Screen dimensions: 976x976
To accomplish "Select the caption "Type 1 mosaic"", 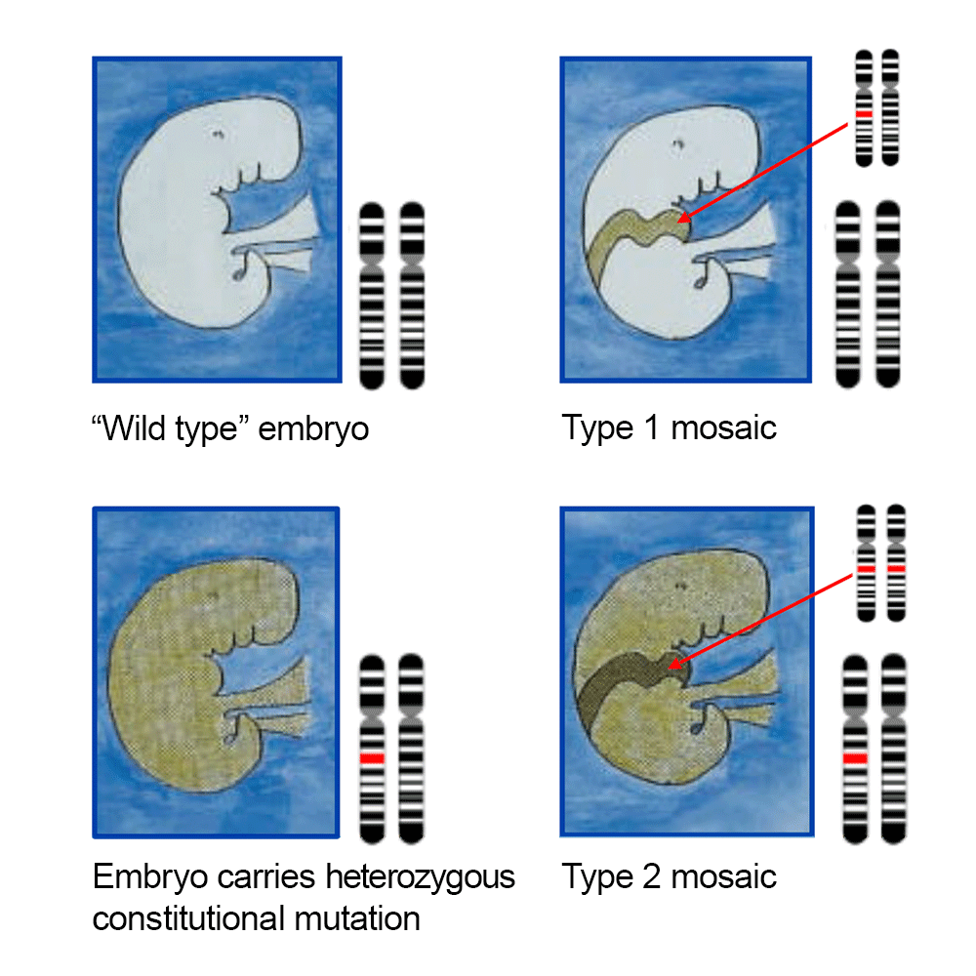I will coord(669,427).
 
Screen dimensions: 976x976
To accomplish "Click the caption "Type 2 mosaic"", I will coord(669,875).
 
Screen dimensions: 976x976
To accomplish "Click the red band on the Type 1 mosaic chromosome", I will coord(863,114).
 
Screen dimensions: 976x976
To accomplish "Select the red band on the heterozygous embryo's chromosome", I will coord(372,758).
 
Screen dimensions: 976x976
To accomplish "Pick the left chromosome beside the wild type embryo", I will coord(372,293).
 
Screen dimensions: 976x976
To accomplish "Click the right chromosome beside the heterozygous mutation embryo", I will coord(412,747).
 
